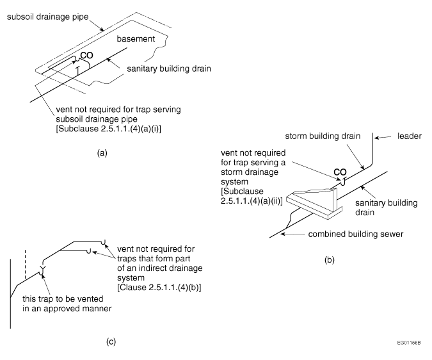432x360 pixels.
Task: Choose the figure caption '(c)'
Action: click(111, 341)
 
